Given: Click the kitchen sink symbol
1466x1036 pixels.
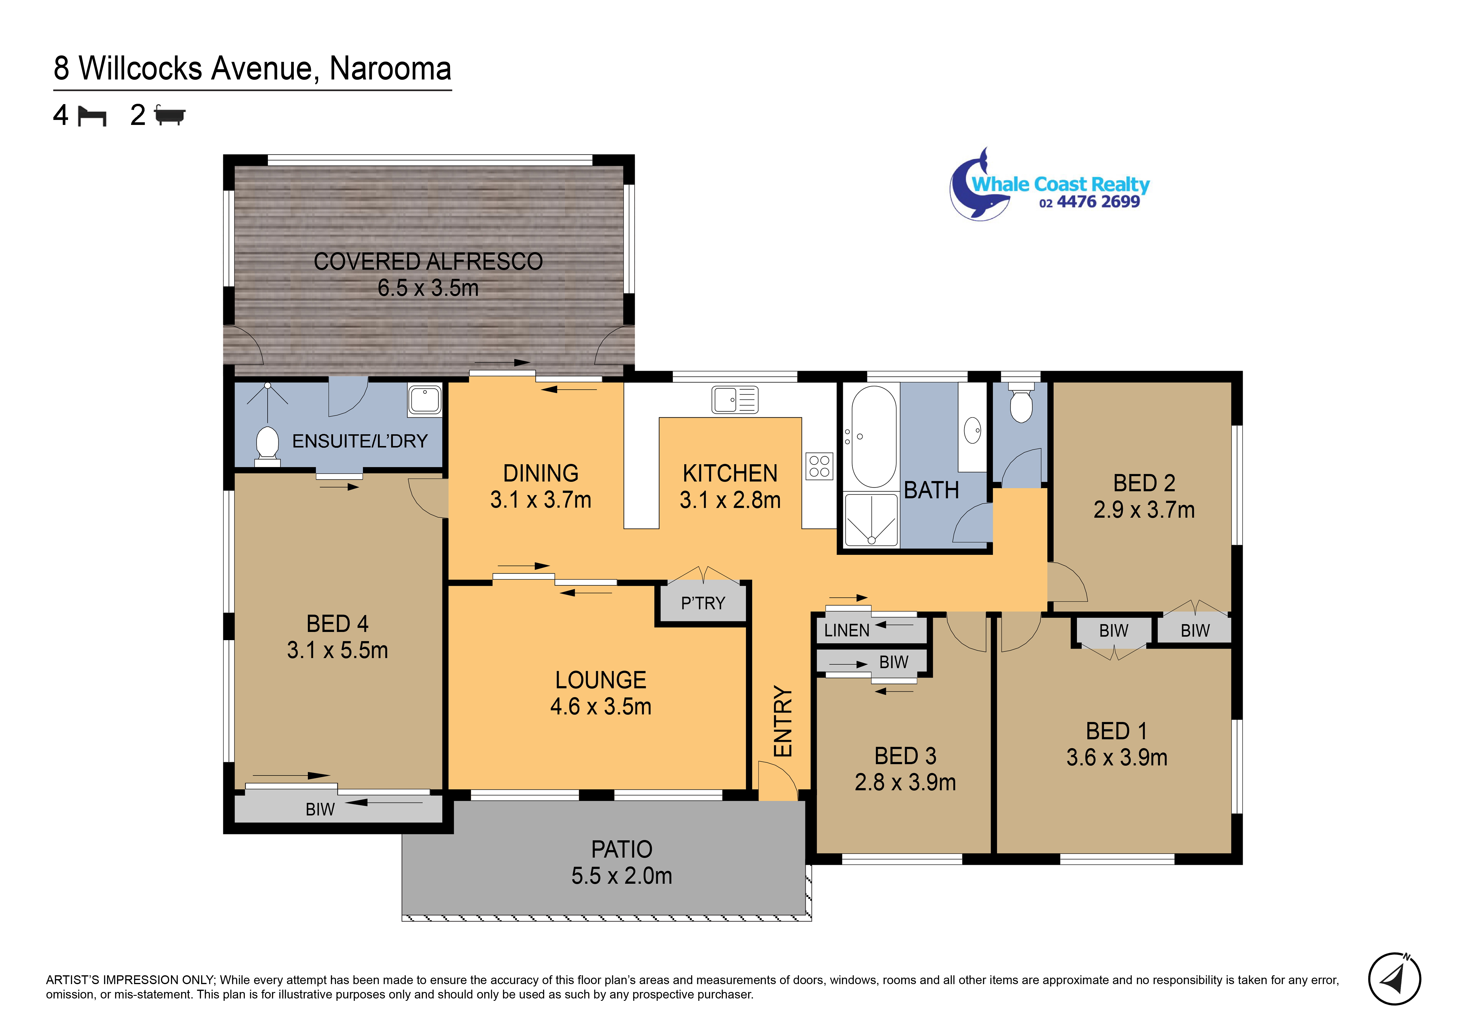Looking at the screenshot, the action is point(735,400).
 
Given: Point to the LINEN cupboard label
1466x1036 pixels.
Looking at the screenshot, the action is point(847,630).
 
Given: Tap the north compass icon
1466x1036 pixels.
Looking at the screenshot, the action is point(1394,979).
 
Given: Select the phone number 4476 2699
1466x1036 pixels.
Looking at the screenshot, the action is point(1098,202).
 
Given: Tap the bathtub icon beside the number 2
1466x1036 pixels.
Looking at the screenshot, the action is point(170,116).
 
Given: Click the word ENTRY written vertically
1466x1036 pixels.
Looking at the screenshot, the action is point(783,721).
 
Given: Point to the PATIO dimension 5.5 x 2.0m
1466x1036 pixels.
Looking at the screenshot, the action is point(622,876).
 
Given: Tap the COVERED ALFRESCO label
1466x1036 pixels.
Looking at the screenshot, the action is point(428,261).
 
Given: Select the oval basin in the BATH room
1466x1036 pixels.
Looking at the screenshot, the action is point(973,430).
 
